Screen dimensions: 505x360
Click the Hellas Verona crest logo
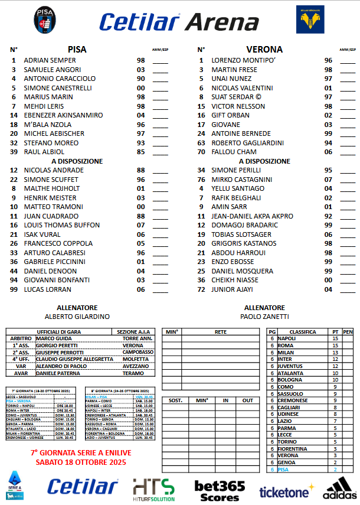[310, 21]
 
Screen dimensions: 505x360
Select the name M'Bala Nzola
[48, 125]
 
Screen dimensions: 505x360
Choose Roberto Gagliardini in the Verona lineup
[248, 143]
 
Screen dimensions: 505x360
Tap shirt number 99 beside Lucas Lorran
[14, 289]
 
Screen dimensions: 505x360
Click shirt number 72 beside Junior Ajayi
[201, 289]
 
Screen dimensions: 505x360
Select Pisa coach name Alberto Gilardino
[77, 317]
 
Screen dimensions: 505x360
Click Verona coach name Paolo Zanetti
[265, 317]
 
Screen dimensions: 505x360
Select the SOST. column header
[175, 400]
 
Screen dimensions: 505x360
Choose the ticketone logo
[284, 491]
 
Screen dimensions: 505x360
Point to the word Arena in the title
[222, 22]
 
